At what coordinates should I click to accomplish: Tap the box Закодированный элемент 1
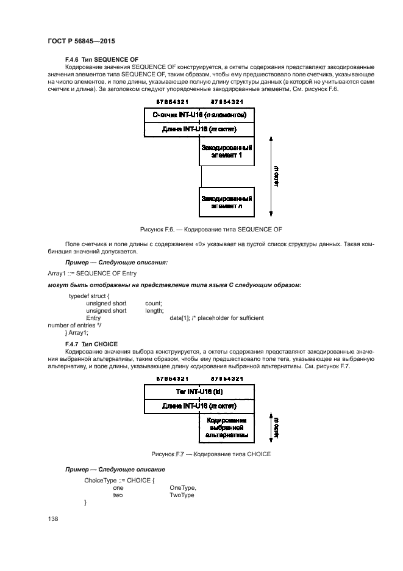[x=227, y=151]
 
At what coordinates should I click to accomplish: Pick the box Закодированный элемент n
[x=227, y=202]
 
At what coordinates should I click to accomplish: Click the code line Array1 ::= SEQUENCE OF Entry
[x=92, y=273]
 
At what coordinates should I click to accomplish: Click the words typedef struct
[x=89, y=296]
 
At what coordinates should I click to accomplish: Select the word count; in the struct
[x=154, y=303]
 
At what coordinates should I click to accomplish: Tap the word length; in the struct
[x=155, y=310]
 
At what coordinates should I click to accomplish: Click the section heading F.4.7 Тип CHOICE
[x=91, y=344]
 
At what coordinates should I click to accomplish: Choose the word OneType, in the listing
[x=183, y=488]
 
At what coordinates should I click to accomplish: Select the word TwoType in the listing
[x=182, y=495]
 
